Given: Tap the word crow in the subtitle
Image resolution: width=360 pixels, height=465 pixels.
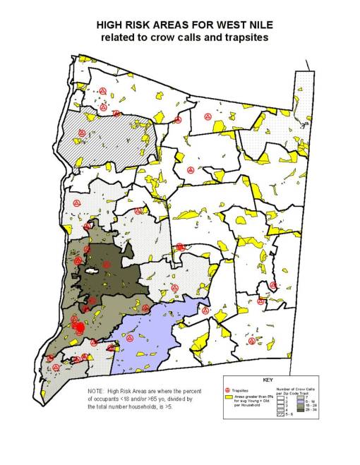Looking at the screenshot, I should tap(161, 37).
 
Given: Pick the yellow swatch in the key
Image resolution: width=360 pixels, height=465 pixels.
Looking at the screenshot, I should tap(227, 397).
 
